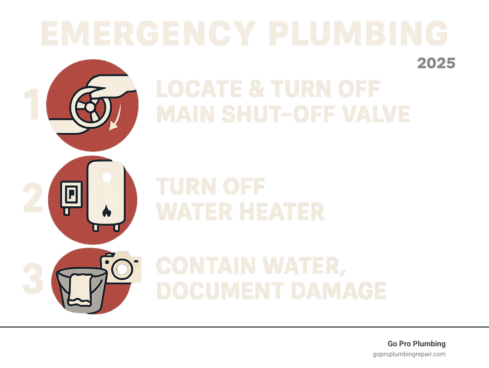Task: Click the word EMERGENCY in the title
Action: [147, 33]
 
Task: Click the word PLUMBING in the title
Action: [358, 33]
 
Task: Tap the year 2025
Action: [436, 63]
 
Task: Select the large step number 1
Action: [32, 104]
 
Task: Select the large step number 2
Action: [33, 197]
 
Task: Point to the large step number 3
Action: [33, 278]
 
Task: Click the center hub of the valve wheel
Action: [90, 107]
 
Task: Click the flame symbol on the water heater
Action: [106, 211]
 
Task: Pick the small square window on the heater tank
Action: [107, 178]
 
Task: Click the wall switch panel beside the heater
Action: [71, 195]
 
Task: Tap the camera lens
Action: [122, 269]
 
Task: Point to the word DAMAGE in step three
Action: [338, 290]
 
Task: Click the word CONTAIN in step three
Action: [206, 265]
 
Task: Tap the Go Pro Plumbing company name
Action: [417, 344]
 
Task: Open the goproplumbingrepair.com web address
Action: [409, 354]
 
